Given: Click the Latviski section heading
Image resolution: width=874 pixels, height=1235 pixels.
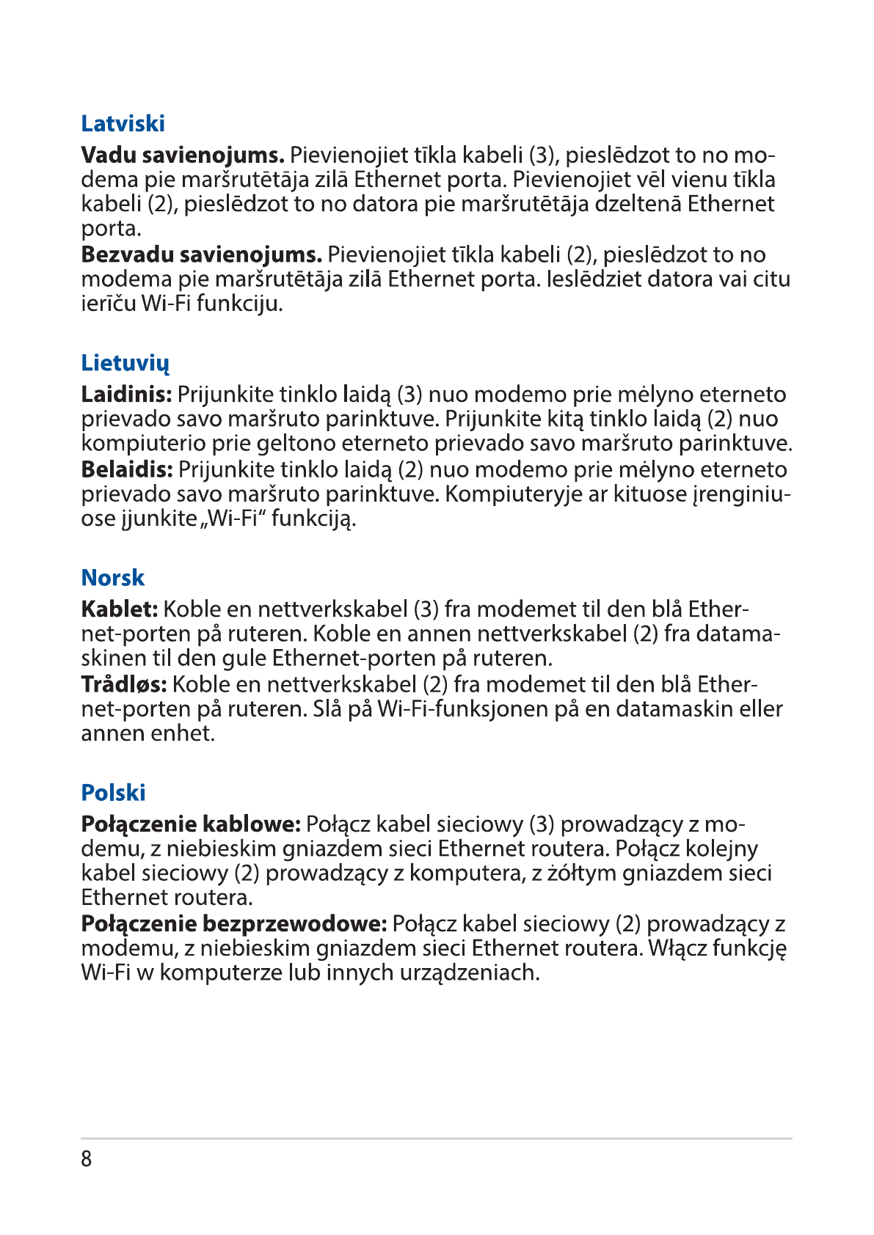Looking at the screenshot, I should [123, 123].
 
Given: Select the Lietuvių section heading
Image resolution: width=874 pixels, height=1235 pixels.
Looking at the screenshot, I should [125, 363].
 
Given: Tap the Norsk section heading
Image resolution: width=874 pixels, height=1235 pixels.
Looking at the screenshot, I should [113, 578].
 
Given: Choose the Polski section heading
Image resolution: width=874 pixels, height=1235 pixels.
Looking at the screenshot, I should [113, 793].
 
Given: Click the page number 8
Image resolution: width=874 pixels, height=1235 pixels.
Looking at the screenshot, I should [87, 1159].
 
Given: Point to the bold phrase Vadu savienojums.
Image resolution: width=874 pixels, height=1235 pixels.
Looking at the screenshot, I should [182, 155].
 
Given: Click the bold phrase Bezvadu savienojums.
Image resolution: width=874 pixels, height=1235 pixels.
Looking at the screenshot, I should [201, 255].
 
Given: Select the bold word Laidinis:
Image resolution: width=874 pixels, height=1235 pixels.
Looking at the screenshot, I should [126, 395].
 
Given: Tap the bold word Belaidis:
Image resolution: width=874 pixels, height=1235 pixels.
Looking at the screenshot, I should [126, 469].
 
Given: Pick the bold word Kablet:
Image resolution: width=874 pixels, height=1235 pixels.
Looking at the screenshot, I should [119, 609].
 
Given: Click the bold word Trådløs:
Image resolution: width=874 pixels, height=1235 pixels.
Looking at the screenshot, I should [123, 684].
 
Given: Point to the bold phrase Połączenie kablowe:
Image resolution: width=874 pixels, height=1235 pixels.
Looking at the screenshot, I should [191, 824].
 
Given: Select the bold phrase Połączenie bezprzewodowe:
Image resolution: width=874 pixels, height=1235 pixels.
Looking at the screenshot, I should [233, 924].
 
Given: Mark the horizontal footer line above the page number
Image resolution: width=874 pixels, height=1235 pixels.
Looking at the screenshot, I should [437, 1138].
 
